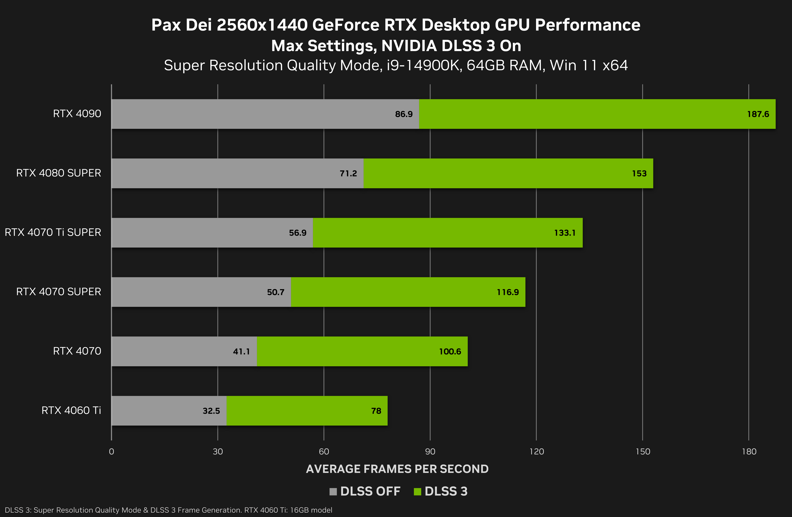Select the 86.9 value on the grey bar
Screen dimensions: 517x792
click(x=404, y=114)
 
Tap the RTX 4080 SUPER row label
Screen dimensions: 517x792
click(x=59, y=173)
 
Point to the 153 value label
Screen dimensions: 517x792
click(x=639, y=174)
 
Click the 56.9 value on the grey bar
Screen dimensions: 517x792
click(x=298, y=233)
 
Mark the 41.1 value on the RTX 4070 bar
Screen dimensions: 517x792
click(x=241, y=351)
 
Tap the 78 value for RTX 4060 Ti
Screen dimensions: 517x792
click(x=376, y=411)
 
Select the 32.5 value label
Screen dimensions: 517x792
click(x=211, y=411)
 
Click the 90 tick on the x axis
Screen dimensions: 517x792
click(x=430, y=452)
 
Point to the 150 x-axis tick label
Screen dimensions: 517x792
click(x=643, y=452)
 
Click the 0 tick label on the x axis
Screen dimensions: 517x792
click(x=112, y=452)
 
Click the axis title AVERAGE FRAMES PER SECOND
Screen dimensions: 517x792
click(x=397, y=469)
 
